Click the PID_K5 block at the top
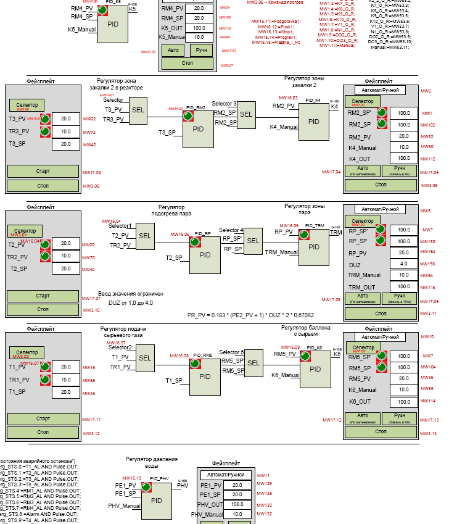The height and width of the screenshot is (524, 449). tap(113, 24)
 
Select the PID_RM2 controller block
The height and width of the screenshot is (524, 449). tap(198, 130)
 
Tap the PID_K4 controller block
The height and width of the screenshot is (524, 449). tap(313, 121)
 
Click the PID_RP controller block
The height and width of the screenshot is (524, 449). tap(205, 254)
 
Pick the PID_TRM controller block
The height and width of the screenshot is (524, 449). tap(314, 246)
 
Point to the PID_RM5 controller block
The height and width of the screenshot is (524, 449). tap(205, 376)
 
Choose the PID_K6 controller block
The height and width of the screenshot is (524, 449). tap(315, 369)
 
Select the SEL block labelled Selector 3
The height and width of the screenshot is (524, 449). tap(246, 114)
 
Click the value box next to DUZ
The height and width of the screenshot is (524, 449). tap(403, 264)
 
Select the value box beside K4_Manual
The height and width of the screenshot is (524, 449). tap(403, 148)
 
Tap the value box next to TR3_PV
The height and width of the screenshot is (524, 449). tap(65, 132)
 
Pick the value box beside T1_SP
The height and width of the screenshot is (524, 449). tap(65, 392)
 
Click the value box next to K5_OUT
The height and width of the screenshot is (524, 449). tap(199, 28)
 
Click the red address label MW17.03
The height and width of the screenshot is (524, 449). tap(91, 172)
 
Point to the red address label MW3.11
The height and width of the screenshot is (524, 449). tap(429, 313)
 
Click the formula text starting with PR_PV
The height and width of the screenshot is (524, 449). tap(250, 315)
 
